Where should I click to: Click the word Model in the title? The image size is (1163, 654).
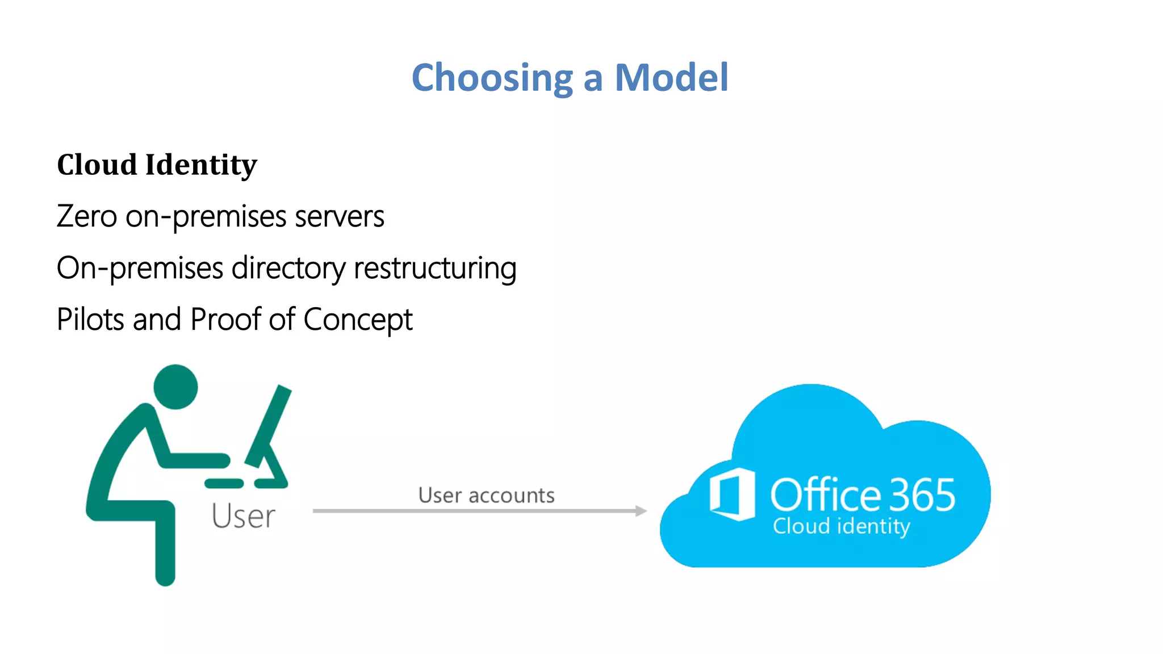(671, 77)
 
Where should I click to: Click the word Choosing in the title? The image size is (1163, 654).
(492, 77)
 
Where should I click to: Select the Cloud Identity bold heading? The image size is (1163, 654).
(157, 165)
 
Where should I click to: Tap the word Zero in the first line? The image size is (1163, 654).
(86, 216)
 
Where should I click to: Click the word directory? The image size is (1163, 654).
(288, 268)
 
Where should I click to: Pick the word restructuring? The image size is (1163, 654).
(435, 268)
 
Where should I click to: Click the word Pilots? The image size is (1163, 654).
(90, 319)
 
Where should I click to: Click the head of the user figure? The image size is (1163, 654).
(175, 387)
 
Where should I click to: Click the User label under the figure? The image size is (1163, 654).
(243, 516)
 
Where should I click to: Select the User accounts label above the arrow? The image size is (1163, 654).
(486, 495)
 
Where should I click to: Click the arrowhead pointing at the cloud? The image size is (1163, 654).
(641, 511)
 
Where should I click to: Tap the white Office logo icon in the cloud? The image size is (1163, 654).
(733, 494)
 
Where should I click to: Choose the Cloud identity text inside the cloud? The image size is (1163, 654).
(841, 526)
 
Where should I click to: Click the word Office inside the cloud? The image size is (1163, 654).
(826, 494)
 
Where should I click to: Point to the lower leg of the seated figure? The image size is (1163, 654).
(165, 545)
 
